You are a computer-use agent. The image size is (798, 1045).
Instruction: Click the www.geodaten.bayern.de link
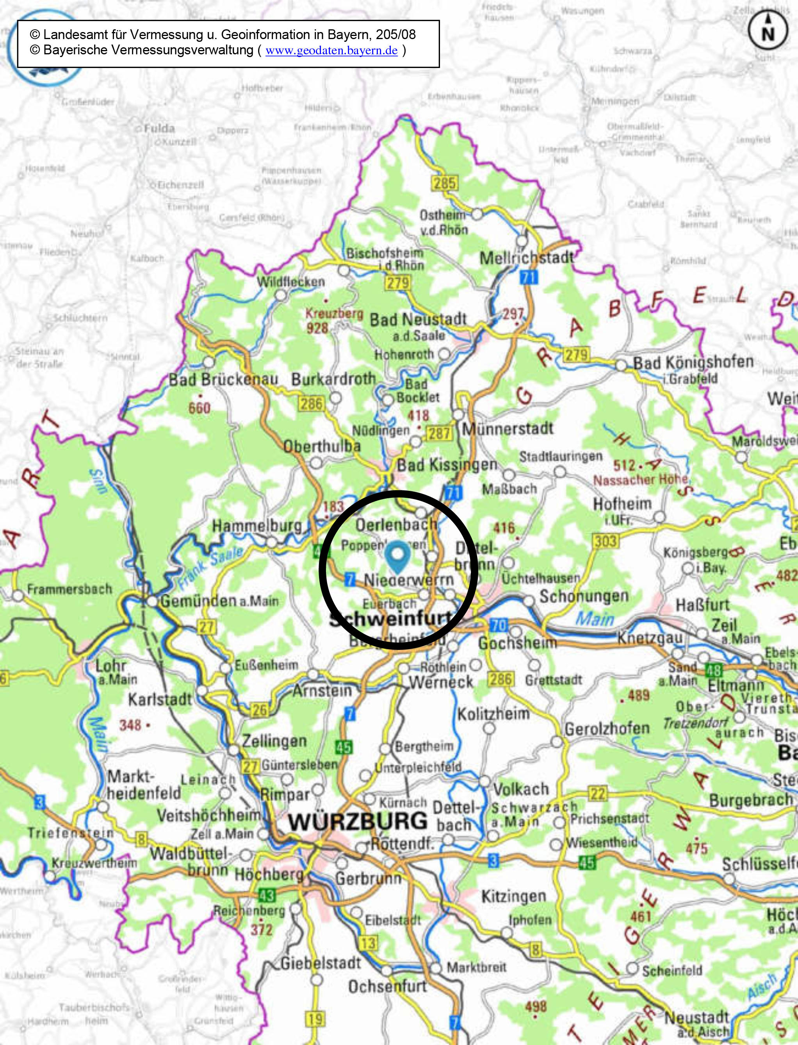[331, 51]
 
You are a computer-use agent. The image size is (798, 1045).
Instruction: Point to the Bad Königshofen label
[693, 362]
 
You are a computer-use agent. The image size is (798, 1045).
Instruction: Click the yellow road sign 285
[445, 183]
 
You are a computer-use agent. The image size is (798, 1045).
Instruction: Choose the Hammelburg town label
[256, 526]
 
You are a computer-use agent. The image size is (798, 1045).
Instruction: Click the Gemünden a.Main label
[219, 601]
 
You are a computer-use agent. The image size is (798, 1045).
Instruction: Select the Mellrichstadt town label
[526, 259]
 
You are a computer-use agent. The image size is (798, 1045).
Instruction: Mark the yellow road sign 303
[605, 540]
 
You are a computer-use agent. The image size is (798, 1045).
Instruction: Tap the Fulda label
[159, 128]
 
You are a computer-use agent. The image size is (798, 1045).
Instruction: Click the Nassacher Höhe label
[640, 480]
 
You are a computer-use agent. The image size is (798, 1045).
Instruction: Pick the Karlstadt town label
[160, 700]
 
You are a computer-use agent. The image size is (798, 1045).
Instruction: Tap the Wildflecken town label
[291, 281]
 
